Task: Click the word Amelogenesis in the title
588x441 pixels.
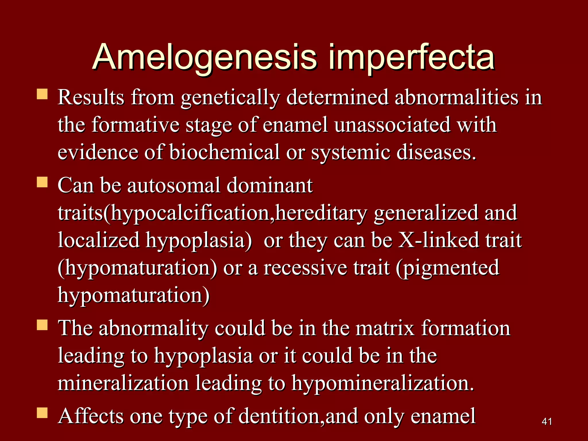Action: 205,57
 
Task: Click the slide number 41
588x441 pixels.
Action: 547,421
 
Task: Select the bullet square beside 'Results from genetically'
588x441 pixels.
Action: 42,94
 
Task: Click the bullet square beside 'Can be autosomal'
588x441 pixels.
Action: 42,182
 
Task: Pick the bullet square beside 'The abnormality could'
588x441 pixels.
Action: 42,325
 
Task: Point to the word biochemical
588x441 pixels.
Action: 224,152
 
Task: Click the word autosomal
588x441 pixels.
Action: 173,185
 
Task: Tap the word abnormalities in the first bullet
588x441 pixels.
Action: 457,98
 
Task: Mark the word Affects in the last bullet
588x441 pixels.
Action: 91,416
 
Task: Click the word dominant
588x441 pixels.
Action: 270,185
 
